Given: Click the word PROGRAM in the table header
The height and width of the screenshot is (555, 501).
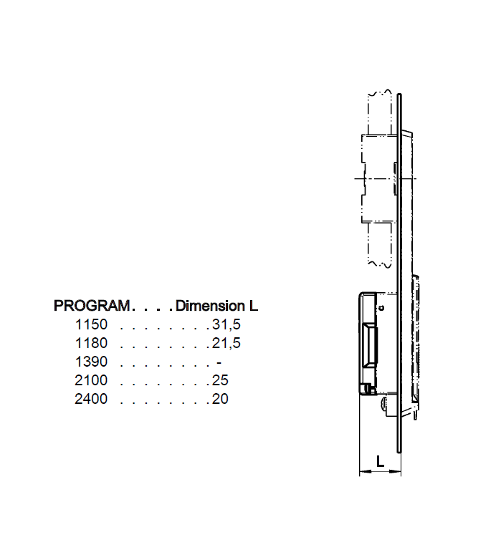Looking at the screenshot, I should click(92, 306).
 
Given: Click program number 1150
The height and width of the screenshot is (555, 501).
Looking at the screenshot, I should click(90, 324).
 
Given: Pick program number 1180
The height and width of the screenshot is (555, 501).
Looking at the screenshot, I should click(90, 343).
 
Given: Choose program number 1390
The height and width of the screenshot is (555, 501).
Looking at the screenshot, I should click(90, 362).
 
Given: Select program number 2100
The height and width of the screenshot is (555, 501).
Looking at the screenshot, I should click(90, 380).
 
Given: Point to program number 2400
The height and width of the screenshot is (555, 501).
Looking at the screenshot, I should click(90, 399).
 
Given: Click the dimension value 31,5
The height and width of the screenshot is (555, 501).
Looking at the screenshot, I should click(226, 324).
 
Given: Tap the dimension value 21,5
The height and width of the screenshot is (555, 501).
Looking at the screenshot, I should click(226, 343).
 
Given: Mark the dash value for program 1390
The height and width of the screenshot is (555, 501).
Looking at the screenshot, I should click(219, 362).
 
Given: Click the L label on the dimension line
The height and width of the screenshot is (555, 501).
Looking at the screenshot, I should click(380, 463).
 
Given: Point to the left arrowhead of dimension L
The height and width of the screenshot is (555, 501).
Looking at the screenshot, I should click(362, 472).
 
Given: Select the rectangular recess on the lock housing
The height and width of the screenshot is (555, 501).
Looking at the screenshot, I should click(372, 344).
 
